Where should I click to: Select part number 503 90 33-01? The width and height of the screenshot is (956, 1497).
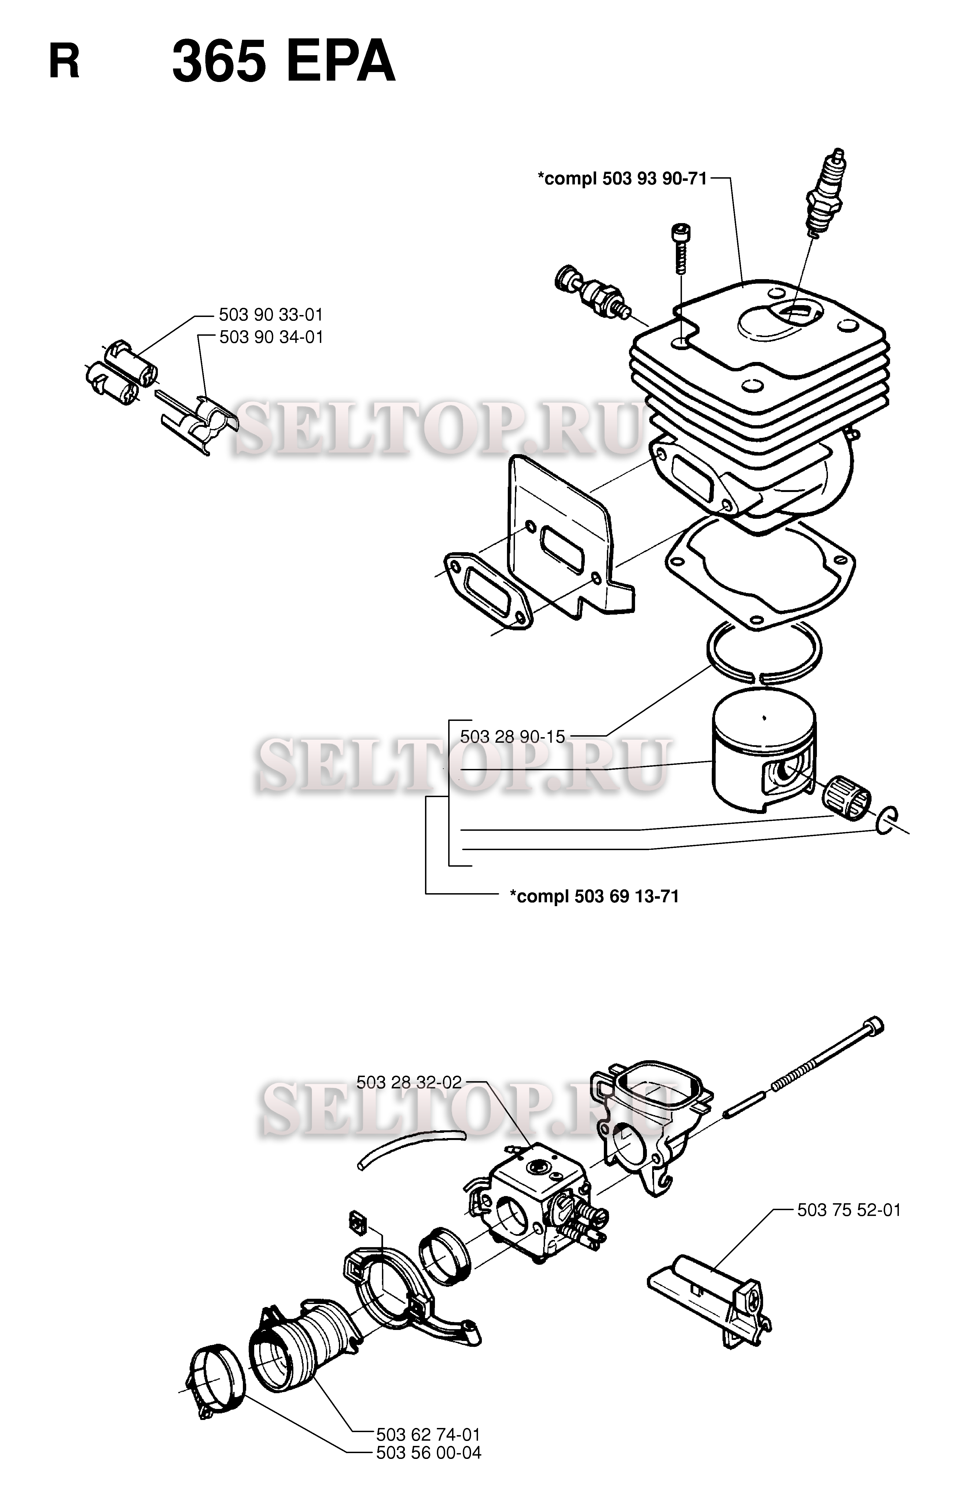(271, 314)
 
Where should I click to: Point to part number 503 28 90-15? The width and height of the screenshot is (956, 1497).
(512, 737)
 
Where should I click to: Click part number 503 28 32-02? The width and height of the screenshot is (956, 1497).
(409, 1082)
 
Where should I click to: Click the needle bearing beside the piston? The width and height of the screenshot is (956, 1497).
(847, 798)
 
